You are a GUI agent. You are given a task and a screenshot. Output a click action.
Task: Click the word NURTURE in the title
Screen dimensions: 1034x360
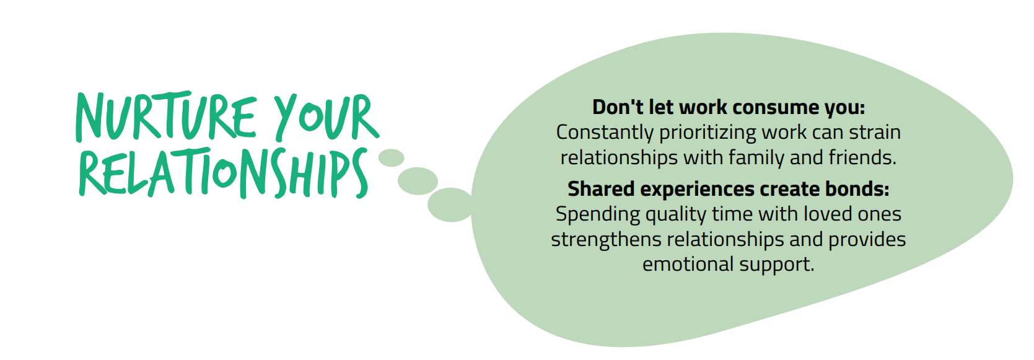click(x=165, y=116)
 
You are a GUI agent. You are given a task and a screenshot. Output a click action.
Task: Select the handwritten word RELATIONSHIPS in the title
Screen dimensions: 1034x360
click(x=224, y=173)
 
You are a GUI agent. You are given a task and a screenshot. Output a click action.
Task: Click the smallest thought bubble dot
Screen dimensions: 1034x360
click(x=391, y=158)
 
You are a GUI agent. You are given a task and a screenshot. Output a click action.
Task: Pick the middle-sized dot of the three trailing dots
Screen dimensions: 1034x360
click(x=418, y=181)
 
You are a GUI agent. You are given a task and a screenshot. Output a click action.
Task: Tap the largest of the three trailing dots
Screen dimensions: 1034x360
click(x=450, y=205)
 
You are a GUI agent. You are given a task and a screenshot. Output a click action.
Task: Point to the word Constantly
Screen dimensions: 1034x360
click(x=605, y=133)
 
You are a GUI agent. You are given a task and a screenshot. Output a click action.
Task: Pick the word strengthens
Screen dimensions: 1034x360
click(x=606, y=240)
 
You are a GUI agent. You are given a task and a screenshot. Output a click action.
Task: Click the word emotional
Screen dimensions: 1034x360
click(x=688, y=265)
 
